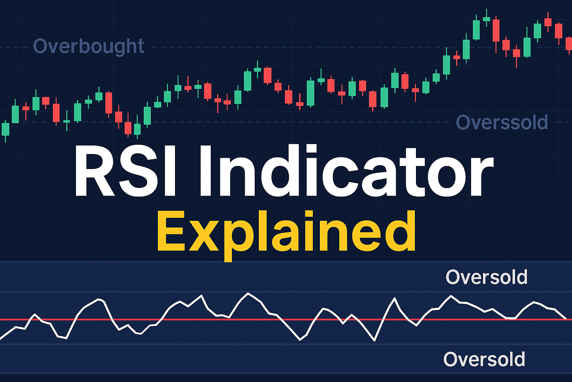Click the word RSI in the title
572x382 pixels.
pyautogui.click(x=125, y=170)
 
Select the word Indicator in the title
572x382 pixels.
pyautogui.click(x=347, y=170)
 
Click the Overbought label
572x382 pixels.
pyautogui.click(x=89, y=46)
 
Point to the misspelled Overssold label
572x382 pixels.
pyautogui.click(x=502, y=122)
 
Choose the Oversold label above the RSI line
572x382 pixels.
pyautogui.click(x=486, y=277)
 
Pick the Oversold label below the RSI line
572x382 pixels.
pyautogui.click(x=484, y=359)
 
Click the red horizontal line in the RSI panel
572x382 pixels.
pyautogui.click(x=286, y=320)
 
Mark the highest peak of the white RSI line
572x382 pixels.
pyautogui.click(x=248, y=293)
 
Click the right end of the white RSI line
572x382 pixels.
pyautogui.click(x=566, y=319)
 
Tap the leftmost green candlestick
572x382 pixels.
pyautogui.click(x=5, y=129)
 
